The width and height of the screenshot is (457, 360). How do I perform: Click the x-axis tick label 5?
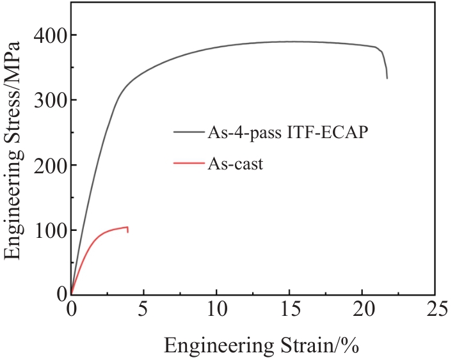[144, 311]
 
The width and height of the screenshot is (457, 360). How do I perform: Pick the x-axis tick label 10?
[216, 311]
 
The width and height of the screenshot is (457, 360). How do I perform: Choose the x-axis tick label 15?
[289, 311]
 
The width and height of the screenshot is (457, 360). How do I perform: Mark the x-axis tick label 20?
[362, 311]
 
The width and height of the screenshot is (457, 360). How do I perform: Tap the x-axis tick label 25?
[435, 311]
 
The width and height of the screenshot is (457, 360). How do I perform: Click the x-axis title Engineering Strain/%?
[261, 346]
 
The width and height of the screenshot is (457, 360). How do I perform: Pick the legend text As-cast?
[235, 164]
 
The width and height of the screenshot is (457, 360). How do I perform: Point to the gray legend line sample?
[188, 132]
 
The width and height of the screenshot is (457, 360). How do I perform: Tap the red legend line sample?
[188, 164]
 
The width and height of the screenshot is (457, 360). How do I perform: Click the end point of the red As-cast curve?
[128, 232]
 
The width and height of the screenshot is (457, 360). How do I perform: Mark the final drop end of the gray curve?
[387, 78]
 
